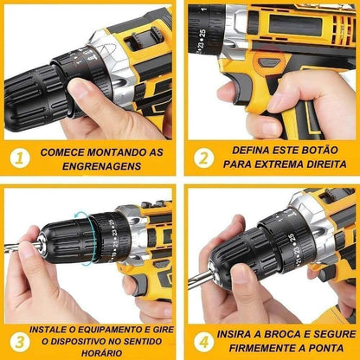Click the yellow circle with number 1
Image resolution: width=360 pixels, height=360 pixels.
click(x=19, y=158)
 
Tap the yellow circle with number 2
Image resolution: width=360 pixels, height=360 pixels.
click(x=202, y=157)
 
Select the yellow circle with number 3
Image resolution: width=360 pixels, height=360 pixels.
click(x=16, y=339)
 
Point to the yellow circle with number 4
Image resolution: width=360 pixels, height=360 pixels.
click(x=201, y=339)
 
